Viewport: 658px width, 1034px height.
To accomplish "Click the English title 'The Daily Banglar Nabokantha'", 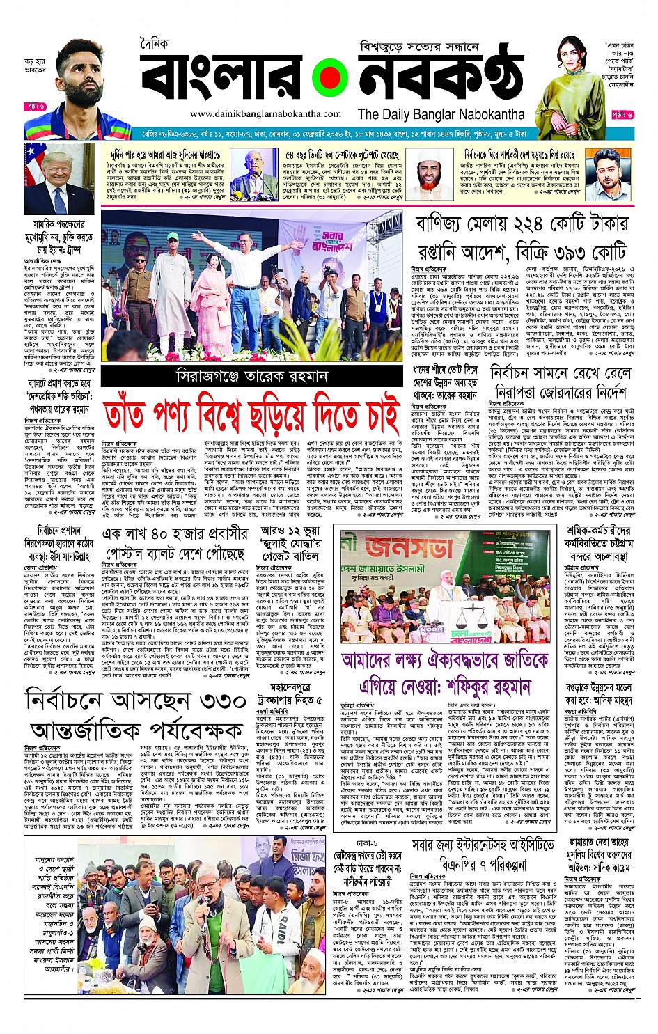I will pos(441,114).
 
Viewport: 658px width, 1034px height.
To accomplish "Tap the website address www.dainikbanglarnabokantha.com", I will pos(265,114).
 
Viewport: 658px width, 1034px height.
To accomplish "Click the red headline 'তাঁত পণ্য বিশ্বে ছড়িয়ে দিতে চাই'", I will pos(251,414).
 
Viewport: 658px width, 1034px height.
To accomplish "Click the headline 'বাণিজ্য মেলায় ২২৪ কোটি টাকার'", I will pos(522,224).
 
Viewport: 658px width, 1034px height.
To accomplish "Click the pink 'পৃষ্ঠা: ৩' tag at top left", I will pos(35,107).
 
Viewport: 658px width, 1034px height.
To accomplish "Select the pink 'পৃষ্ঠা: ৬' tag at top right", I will pos(622,114).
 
